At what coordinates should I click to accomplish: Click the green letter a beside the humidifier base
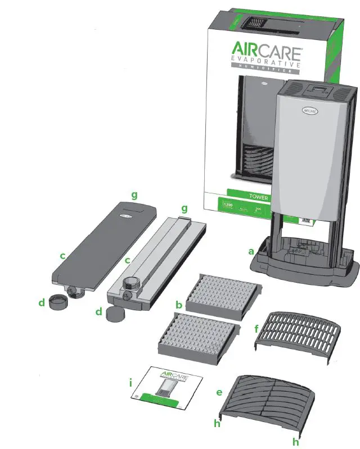[251, 251]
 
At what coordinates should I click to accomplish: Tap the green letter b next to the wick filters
[178, 305]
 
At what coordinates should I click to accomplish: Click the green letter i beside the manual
[130, 383]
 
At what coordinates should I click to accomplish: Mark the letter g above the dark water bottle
[134, 194]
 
